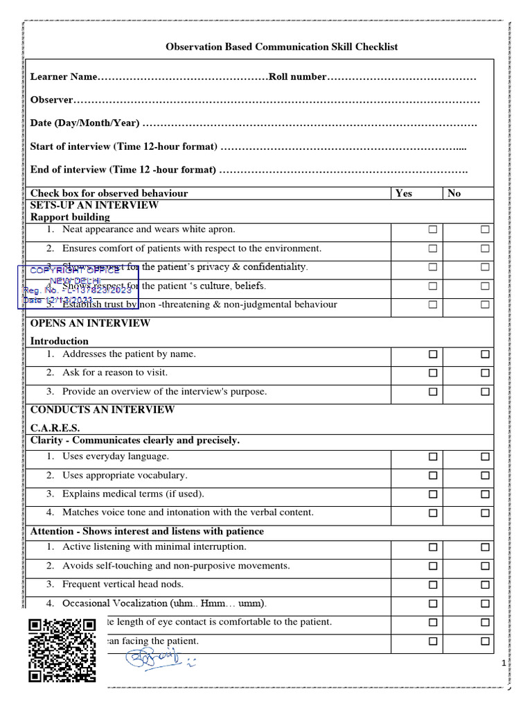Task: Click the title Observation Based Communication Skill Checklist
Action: (x=281, y=47)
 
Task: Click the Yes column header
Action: (x=403, y=193)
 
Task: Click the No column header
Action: (x=454, y=193)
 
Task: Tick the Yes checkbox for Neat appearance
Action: (x=432, y=230)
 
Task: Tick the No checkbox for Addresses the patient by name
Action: (x=485, y=354)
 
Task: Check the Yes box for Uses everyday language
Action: (x=432, y=457)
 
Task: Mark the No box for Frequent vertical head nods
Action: (x=485, y=585)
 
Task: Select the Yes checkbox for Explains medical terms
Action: (x=432, y=494)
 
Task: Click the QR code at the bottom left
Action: (x=62, y=650)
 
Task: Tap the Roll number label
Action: (x=296, y=76)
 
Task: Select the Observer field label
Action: (x=51, y=100)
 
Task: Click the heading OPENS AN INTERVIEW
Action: (x=90, y=323)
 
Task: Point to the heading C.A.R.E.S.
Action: (x=55, y=428)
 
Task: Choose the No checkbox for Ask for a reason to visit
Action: (x=485, y=373)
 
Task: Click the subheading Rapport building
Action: (x=70, y=217)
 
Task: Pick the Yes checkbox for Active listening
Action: (x=432, y=547)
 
